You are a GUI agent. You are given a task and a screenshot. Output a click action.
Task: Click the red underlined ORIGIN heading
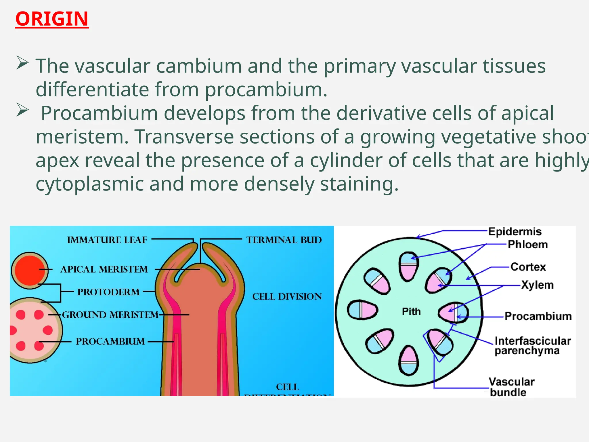pos(52,19)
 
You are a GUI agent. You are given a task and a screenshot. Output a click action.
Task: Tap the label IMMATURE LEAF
pos(107,240)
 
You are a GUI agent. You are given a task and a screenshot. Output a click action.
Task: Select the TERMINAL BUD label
pos(284,240)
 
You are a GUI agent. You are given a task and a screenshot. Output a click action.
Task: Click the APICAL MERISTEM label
pos(104,269)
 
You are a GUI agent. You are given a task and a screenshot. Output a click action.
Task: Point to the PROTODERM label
pos(108,292)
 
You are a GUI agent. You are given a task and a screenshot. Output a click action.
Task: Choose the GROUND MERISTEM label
pos(110,315)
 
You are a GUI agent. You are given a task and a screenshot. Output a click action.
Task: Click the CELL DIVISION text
pos(287,296)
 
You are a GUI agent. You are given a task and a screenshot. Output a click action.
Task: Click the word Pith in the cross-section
pos(411,311)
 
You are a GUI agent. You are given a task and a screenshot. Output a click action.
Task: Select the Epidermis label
pos(515,231)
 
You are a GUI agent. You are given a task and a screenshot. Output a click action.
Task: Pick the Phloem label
pos(527,245)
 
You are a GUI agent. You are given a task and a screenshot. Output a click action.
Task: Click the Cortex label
pos(528,267)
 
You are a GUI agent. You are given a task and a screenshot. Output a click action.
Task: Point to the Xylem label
pos(537,285)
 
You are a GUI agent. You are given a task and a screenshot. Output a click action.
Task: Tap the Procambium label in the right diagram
pos(538,316)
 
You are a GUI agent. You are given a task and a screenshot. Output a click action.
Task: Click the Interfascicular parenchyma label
pos(533,346)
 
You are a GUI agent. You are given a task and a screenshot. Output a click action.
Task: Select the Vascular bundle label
pos(511,387)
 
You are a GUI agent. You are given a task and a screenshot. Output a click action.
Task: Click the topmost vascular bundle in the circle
pos(408,266)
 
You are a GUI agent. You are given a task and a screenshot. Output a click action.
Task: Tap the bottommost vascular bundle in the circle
pos(408,360)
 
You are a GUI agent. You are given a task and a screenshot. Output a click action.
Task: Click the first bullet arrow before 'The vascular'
pos(22,63)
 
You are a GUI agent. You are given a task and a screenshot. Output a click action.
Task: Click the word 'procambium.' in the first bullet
pos(266,89)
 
